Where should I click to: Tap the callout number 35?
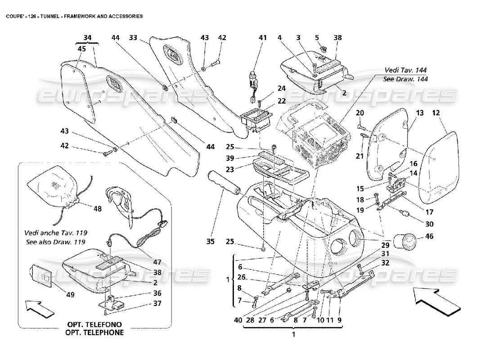210,242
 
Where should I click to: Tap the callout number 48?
98,208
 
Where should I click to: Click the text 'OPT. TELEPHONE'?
94,333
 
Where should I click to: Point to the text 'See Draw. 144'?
405,79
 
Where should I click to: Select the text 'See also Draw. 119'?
56,242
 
